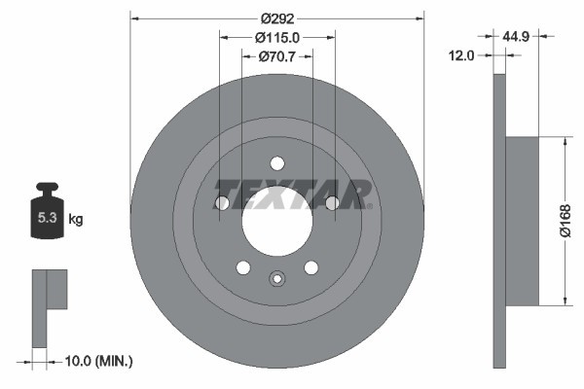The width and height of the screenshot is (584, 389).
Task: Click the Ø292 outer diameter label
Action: pos(277,17)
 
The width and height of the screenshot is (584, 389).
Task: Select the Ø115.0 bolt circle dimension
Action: pos(276,37)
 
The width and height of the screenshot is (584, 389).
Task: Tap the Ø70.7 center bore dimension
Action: pos(276,57)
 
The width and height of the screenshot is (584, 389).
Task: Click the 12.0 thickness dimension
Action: pos(461,56)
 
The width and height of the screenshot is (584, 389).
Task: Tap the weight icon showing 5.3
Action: pos(47,215)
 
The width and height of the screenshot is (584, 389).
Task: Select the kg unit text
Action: pos(75,220)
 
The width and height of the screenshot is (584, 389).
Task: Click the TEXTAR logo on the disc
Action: pos(292,194)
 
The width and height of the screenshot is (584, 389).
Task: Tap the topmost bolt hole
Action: pos(277,163)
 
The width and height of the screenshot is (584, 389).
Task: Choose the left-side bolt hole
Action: pos(222,203)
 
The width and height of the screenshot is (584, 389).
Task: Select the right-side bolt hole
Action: pos(332,202)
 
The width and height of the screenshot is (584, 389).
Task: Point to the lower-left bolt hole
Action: pos(243,267)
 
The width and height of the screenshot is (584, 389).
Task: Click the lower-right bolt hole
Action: pos(311,267)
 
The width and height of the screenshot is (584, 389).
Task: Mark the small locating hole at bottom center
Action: pos(277,280)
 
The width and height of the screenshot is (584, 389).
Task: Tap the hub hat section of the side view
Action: pos(523,221)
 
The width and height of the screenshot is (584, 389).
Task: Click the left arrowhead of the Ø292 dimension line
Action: pos(134,17)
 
